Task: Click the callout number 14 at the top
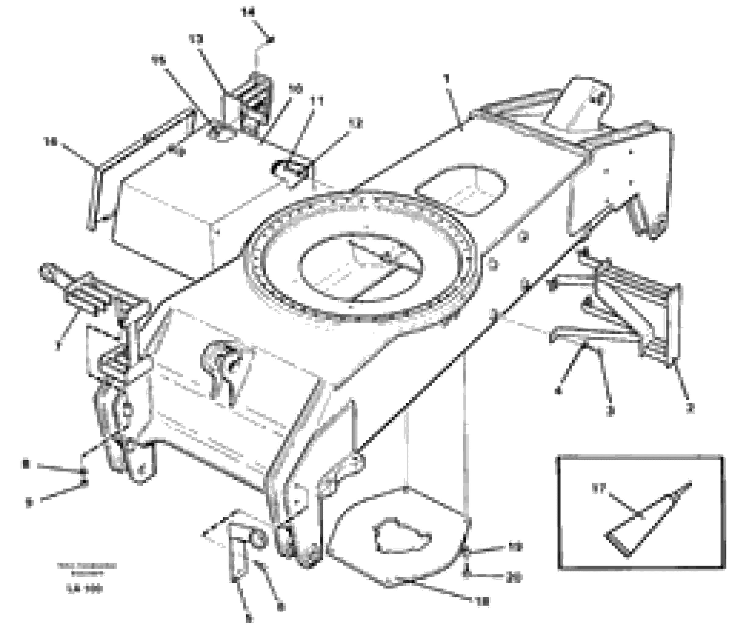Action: click(249, 13)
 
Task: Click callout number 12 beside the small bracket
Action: click(355, 124)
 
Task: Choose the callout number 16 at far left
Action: click(51, 142)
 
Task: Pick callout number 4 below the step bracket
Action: click(558, 391)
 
